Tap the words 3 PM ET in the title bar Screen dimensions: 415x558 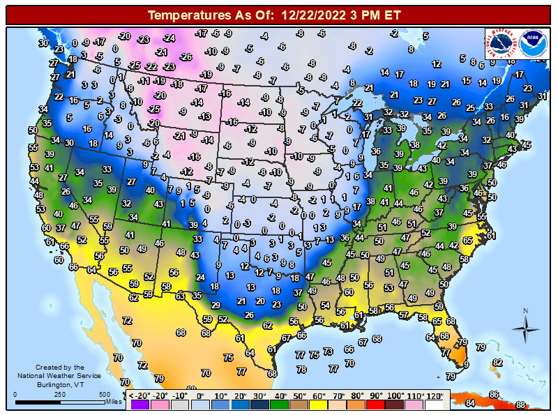click(x=382, y=14)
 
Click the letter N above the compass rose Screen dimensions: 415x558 click(x=525, y=311)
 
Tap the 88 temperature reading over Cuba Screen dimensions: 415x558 click(x=520, y=405)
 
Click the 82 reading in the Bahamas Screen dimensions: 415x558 click(x=497, y=363)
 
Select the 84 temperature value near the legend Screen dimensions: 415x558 click(x=471, y=402)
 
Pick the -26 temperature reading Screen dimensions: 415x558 click(x=186, y=56)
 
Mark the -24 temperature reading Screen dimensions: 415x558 click(x=169, y=38)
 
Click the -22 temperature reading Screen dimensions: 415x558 click(x=151, y=66)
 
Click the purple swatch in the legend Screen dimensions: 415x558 click(x=139, y=404)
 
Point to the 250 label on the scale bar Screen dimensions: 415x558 click(x=60, y=395)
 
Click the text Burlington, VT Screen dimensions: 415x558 click(x=59, y=384)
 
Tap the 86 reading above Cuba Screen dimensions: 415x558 click(x=494, y=395)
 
